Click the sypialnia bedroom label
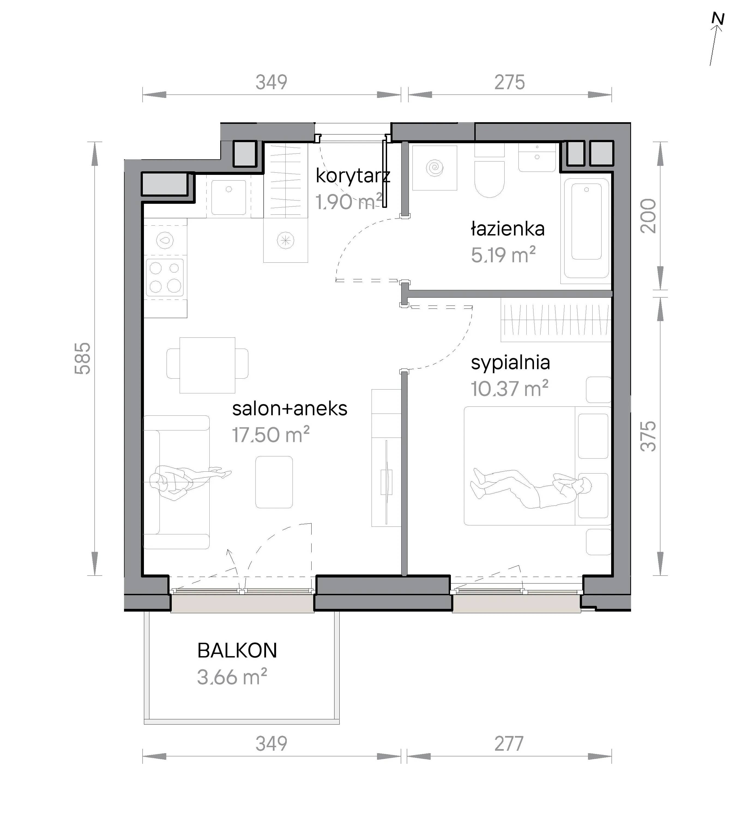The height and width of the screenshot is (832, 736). [510, 362]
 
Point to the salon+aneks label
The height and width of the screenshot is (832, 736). [290, 409]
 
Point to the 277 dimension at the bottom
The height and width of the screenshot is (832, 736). [509, 744]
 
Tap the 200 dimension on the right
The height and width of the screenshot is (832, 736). [648, 216]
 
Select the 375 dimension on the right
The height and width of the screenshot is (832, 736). [648, 436]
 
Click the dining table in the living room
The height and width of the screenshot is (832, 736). [207, 365]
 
